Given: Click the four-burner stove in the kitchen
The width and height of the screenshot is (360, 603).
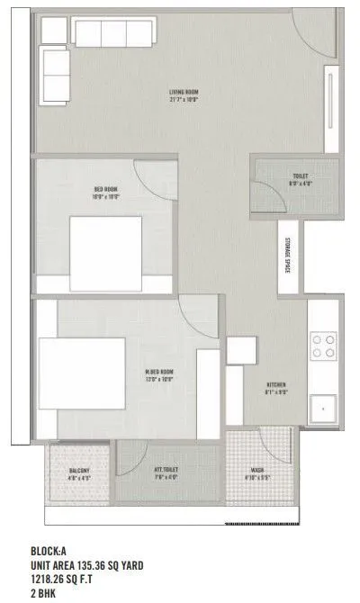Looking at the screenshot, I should point(324,346).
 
